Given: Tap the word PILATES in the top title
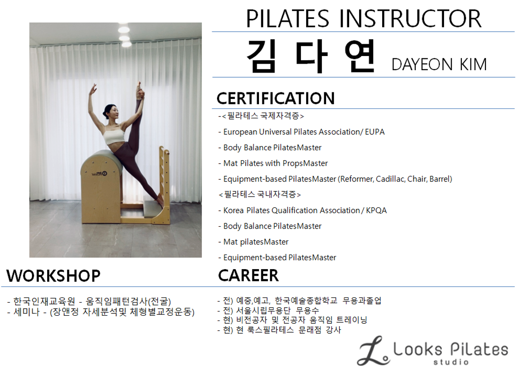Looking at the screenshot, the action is click(x=288, y=18).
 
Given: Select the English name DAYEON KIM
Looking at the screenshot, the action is click(x=439, y=64).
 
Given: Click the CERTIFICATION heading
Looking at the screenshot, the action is click(x=276, y=98).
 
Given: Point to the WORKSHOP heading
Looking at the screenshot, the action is click(x=53, y=276).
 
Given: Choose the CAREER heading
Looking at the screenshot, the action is click(x=248, y=275).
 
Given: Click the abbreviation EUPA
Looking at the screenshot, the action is click(x=375, y=132).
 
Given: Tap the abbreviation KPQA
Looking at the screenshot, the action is click(x=377, y=210).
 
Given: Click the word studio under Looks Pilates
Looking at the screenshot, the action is click(x=451, y=362).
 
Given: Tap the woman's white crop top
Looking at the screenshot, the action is click(x=114, y=135).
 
